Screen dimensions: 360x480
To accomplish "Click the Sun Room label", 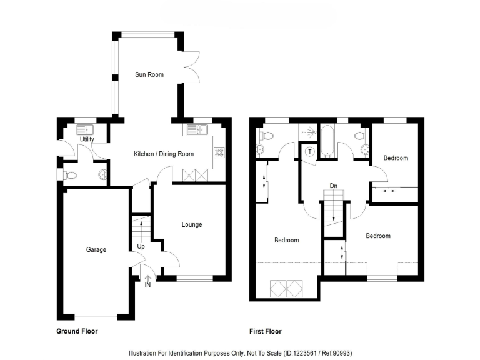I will coord(149,75).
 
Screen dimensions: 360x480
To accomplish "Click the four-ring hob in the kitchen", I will coord(219,151).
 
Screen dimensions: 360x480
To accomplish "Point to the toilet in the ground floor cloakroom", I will coord(70,176).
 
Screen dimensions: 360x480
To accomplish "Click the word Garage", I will coord(96,250).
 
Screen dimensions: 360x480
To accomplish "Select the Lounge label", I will coord(192,225).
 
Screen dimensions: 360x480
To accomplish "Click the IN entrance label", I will coord(147,285).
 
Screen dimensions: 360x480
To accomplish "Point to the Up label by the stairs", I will coord(142,247).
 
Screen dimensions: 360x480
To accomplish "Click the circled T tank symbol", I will coord(309,151).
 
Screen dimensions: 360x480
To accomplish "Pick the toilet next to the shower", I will coord(267,136).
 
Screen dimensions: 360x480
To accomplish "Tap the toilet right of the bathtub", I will coord(359,136).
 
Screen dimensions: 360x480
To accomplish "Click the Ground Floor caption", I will coord(77,332).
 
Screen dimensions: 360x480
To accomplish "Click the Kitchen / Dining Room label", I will coord(164,154).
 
